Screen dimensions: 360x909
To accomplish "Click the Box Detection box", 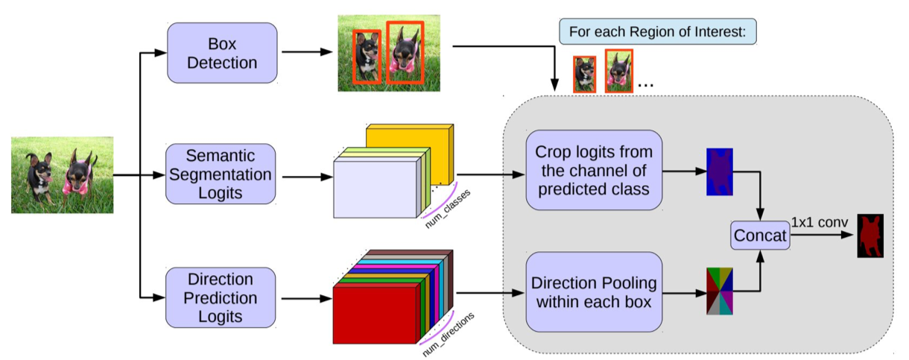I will click(x=222, y=53).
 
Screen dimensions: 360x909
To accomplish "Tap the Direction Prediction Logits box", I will click(x=221, y=298).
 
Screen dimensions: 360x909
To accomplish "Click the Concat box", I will click(x=759, y=236).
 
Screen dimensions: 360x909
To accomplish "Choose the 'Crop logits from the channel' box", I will click(x=593, y=170).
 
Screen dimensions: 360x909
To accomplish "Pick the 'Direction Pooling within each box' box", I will click(x=593, y=292).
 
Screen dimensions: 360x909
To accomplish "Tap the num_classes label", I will click(x=446, y=197).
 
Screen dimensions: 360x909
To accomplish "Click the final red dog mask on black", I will click(x=870, y=236).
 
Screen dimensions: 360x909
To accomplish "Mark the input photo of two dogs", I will click(x=62, y=175).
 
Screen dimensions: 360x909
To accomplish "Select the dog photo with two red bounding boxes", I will click(x=384, y=54).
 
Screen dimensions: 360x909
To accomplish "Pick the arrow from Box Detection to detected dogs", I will click(x=307, y=53).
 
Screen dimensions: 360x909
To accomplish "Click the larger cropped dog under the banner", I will click(x=618, y=71).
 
